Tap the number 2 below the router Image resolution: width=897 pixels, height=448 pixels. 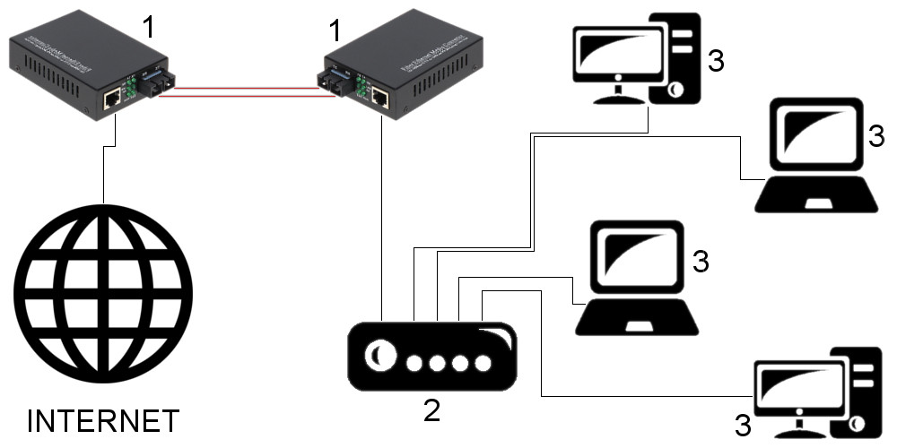pyautogui.click(x=431, y=410)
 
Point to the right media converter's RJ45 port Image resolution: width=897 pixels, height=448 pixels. pyautogui.click(x=379, y=95)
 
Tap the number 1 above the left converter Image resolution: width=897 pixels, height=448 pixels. pyautogui.click(x=149, y=29)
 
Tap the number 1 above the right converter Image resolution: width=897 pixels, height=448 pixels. pyautogui.click(x=335, y=32)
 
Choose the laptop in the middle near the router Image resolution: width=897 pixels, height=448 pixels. pyautogui.click(x=636, y=278)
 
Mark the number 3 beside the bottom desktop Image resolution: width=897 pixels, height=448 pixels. pyautogui.click(x=742, y=423)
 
